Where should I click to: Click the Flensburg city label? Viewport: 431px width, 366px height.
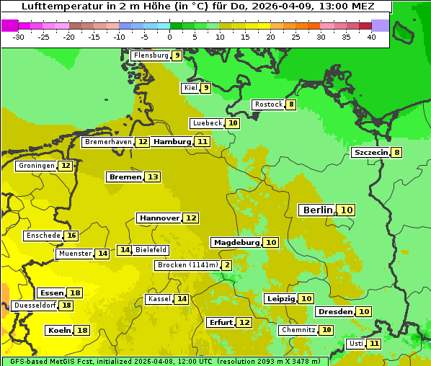151,55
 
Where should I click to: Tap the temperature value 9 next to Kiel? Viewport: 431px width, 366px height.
205,88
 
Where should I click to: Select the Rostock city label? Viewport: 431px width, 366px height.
268,104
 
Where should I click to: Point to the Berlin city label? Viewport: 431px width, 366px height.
317,210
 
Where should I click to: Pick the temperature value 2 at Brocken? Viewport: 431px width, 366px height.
227,265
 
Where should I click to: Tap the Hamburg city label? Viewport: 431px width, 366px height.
172,142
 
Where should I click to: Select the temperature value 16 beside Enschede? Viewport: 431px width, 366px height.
71,236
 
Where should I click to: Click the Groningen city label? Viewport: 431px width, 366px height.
36,166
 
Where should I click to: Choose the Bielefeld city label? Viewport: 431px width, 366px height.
151,250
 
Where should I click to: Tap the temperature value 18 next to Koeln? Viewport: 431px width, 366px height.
82,330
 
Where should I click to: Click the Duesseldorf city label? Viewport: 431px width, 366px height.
35,305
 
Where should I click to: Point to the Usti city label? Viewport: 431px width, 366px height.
355,344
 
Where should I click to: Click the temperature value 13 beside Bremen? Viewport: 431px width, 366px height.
152,177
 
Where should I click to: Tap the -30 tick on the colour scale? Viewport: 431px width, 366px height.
19,37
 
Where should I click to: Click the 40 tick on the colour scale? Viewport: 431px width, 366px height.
371,37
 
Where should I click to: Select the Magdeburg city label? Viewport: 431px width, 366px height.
236,242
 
